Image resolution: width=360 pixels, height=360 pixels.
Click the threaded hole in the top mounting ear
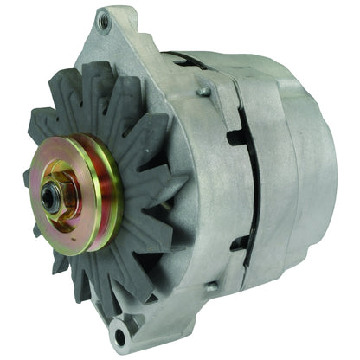click(105, 20)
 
